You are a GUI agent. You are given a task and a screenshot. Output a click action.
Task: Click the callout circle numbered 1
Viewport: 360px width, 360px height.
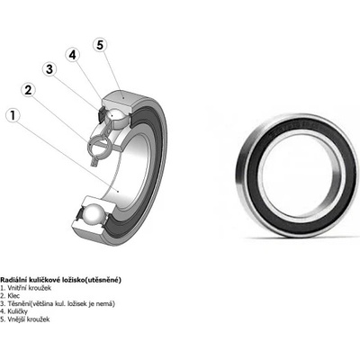[13, 115]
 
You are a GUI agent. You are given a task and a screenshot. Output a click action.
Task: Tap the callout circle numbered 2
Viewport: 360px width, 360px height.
[28, 90]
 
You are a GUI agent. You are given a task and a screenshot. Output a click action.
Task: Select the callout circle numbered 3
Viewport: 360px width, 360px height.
[49, 69]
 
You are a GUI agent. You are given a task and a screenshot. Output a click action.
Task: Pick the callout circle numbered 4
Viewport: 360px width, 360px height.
[73, 55]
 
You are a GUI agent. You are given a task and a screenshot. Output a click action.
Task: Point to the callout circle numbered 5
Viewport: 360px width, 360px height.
[100, 45]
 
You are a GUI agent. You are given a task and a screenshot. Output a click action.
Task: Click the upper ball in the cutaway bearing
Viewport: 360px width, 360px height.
[115, 116]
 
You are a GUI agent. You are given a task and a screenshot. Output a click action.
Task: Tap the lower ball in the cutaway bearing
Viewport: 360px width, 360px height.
[94, 214]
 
